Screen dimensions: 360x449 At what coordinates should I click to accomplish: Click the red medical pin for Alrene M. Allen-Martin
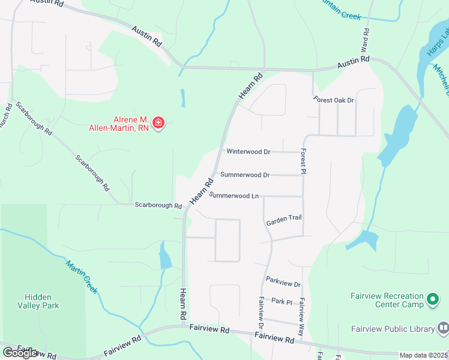coord(158,124)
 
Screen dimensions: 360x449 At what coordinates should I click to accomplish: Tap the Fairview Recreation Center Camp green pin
coord(433,299)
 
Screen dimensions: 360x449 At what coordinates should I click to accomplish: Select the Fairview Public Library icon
coord(443,328)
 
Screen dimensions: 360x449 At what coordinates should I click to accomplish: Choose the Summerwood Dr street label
coord(245,175)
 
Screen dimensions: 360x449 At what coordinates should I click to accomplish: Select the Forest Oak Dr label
coord(334,100)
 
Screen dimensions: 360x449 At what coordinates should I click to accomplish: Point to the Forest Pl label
coord(304,161)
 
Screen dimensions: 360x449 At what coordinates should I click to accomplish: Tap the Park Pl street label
coord(281,301)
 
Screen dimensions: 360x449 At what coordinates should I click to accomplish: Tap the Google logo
coord(20,353)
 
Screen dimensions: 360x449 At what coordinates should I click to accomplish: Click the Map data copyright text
coord(424,355)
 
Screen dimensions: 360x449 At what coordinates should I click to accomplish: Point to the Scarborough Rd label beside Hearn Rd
coord(158,205)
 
